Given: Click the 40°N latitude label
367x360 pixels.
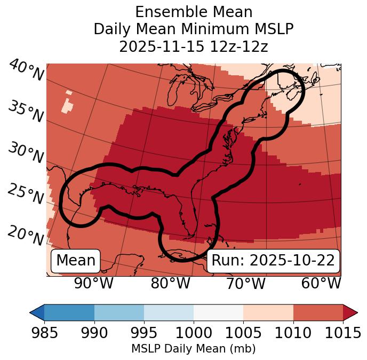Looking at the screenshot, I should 26,71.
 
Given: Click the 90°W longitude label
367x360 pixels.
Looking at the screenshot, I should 93,284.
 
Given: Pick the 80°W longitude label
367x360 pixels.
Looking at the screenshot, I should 170,284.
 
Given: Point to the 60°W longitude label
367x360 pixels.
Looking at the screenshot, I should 321,284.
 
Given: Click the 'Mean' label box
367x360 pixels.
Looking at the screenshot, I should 76,261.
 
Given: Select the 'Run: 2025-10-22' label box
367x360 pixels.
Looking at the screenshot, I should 273,261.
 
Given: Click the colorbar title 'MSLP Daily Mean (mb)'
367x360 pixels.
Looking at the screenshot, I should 193,349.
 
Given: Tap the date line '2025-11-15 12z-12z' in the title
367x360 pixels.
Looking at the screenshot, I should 194,46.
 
